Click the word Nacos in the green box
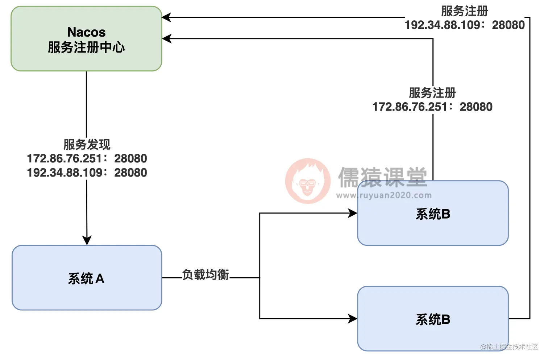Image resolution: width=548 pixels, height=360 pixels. point(86,32)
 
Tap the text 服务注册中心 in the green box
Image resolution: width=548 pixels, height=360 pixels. point(86,47)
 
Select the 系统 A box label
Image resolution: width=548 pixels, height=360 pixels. point(86,278)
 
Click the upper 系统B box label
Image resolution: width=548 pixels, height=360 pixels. point(433,214)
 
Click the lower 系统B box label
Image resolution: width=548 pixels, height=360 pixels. point(433,319)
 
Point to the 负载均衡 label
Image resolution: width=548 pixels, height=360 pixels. point(205,275)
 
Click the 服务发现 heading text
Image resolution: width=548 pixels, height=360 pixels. point(87,144)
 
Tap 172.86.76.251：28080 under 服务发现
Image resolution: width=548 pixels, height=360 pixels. point(87,158)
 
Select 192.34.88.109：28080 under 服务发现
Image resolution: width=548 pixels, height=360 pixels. point(87,173)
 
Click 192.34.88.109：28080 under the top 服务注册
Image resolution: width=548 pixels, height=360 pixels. point(465,25)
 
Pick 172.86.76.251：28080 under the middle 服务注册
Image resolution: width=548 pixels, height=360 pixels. point(432,107)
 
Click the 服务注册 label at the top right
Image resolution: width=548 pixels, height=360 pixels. point(465,11)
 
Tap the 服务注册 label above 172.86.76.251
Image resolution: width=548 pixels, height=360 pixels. point(432,93)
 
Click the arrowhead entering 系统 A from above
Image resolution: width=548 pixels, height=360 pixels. point(87,240)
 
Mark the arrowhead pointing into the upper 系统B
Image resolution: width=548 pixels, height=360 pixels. point(352,213)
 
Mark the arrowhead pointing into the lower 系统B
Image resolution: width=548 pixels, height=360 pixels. point(352,319)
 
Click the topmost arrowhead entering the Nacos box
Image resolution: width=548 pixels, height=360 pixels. point(166,17)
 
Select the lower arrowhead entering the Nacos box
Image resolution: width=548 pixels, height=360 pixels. point(167,38)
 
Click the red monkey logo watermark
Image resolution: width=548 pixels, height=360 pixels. point(308,181)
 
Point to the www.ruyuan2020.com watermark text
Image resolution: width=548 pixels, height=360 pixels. point(384,195)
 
